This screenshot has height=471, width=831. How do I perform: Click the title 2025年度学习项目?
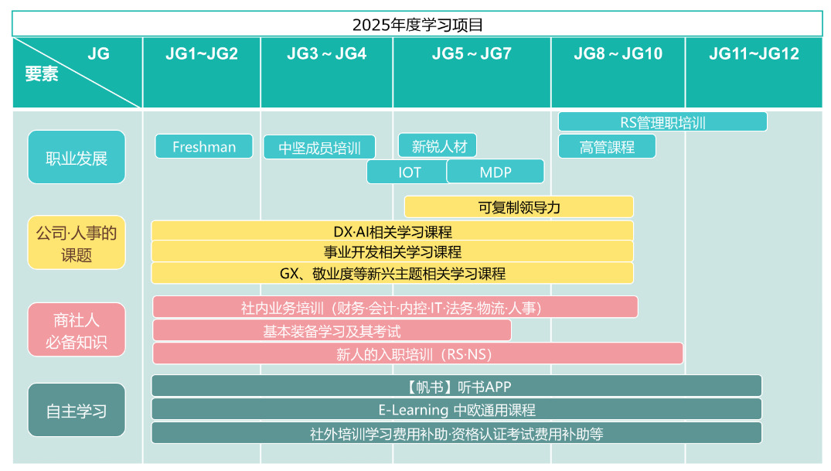point(417,24)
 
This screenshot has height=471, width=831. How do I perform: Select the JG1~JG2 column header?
point(202,54)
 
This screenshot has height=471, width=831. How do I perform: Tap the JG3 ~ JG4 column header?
point(326,54)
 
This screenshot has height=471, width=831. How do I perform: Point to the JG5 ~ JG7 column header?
point(472,54)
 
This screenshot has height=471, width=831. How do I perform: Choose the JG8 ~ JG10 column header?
point(618,54)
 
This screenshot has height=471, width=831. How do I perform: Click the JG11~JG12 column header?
point(754,54)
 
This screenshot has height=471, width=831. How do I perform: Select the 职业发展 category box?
point(77,157)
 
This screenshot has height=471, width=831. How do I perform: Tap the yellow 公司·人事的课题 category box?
point(77,243)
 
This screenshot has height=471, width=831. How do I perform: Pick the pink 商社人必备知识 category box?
point(77,330)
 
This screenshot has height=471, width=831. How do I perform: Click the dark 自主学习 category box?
point(77,410)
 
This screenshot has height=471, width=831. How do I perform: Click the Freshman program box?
point(204,146)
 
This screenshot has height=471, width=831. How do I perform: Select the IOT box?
point(408,172)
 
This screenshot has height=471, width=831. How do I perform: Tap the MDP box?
point(496,172)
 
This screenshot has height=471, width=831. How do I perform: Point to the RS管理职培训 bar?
point(662,122)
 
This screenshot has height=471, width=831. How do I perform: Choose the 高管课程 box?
point(607,146)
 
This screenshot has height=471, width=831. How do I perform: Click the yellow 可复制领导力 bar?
point(519,206)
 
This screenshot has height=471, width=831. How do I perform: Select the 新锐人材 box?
point(438,145)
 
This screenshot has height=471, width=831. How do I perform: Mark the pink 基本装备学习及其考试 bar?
point(332,331)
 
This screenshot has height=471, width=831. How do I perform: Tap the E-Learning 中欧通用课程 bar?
point(457,409)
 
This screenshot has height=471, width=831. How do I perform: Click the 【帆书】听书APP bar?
point(457,386)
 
